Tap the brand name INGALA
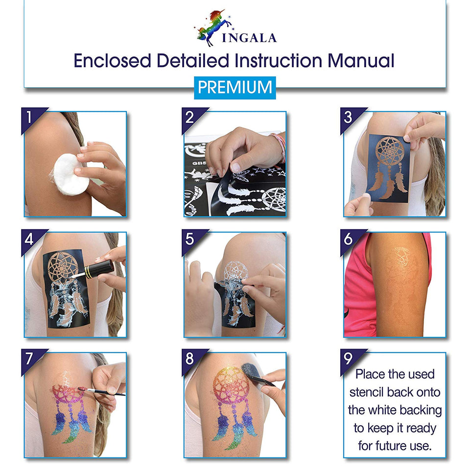coord(249,38)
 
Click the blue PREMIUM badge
coord(235,88)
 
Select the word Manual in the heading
coord(361,61)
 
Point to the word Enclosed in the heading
coord(112,61)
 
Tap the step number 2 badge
coord(192,118)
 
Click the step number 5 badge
coord(192,240)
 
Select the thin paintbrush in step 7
coord(102,391)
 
